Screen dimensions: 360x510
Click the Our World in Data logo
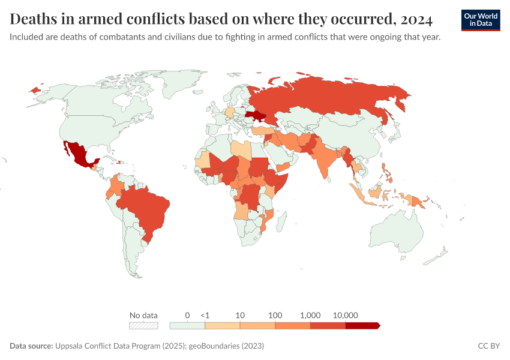[x=480, y=20]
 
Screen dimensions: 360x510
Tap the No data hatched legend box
[x=144, y=325]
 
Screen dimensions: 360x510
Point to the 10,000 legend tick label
[x=345, y=315]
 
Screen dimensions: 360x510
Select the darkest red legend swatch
[x=362, y=325]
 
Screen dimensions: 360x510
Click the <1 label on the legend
[x=205, y=315]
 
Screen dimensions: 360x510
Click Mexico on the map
[x=79, y=155]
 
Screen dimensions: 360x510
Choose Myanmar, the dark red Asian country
[x=348, y=158]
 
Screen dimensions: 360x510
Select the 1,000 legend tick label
[x=310, y=315]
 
